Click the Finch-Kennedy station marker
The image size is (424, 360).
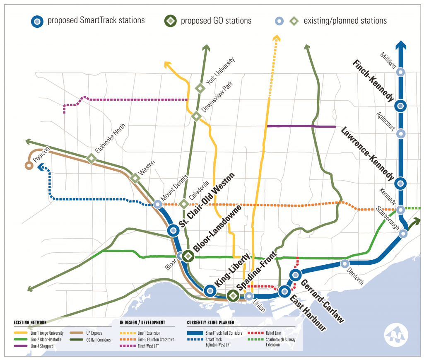pos(400,106)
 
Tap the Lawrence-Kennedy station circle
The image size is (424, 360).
pos(400,183)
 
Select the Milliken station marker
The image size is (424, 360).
pos(400,72)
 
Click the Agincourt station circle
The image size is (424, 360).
pos(400,134)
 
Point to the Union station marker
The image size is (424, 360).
pos(248,296)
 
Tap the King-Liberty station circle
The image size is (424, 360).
pos(210,291)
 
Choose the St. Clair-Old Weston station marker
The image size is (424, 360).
pos(173,230)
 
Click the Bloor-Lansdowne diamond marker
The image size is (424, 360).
pos(188,256)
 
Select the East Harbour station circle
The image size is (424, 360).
pos(284,291)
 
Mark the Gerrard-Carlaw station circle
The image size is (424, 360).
pos(295,274)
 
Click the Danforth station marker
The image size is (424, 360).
pos(345,263)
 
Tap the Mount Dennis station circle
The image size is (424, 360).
pos(157,204)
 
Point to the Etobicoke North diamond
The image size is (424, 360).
pos(92,158)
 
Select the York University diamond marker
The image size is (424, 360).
pos(200,88)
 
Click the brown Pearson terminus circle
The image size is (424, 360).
pos(29,166)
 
